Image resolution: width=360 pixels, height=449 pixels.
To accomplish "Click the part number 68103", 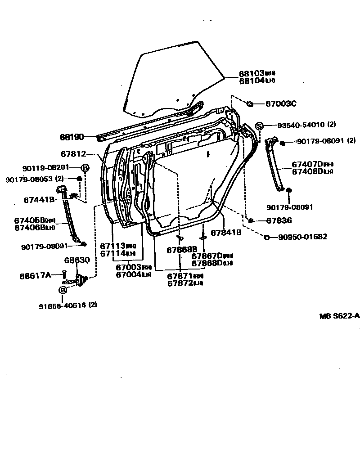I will tap(251, 73).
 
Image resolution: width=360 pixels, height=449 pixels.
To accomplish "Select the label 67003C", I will tap(280, 104).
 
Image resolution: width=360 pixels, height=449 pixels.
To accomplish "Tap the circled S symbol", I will tap(260, 126).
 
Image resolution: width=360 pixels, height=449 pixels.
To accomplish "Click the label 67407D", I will tap(308, 165).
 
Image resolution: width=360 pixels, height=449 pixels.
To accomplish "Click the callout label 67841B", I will tap(226, 233).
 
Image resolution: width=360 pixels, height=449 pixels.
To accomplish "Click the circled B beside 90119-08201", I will tap(85, 168).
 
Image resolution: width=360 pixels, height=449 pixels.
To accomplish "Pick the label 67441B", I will tap(40, 199).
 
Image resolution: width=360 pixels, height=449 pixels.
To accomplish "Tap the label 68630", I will tap(76, 260).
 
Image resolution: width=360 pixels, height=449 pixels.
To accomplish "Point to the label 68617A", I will tap(35, 275).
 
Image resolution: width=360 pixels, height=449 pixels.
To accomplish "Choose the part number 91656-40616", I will tap(63, 305).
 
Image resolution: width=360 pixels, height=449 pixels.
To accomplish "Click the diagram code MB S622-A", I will tap(339, 316).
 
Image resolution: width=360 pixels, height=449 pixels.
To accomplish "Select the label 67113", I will tap(112, 246).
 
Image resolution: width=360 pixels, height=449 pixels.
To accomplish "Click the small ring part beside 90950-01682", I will tap(267, 237).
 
